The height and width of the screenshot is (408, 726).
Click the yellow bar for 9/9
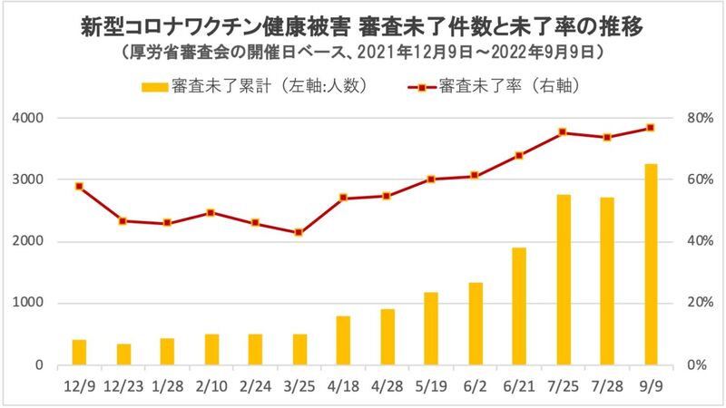click(x=651, y=265)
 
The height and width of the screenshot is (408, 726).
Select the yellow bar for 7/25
click(x=563, y=280)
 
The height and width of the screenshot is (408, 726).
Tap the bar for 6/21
click(x=519, y=306)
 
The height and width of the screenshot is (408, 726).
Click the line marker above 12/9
click(x=80, y=187)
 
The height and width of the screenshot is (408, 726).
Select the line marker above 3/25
click(x=299, y=233)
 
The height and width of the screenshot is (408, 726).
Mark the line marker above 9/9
click(x=651, y=128)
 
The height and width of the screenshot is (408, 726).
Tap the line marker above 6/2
click(x=475, y=176)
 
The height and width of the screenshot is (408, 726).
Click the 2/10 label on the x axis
click(x=211, y=384)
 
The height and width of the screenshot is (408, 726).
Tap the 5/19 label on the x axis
click(x=431, y=384)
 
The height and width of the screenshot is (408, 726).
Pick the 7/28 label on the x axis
click(x=606, y=384)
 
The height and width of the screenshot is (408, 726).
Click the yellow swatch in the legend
click(x=156, y=87)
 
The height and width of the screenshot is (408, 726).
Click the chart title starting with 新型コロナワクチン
click(x=363, y=28)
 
